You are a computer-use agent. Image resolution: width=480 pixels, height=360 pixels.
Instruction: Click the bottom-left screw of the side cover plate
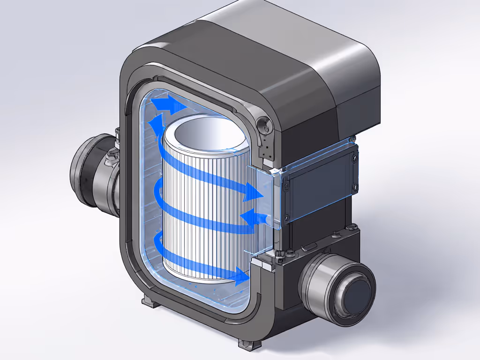coord(285,216)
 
